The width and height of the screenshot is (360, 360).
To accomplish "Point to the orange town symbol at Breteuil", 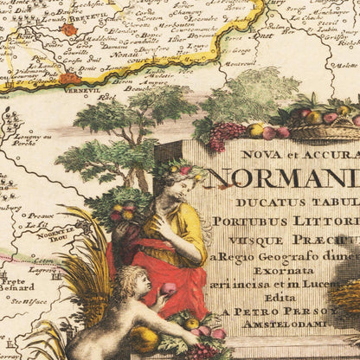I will [68, 29].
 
